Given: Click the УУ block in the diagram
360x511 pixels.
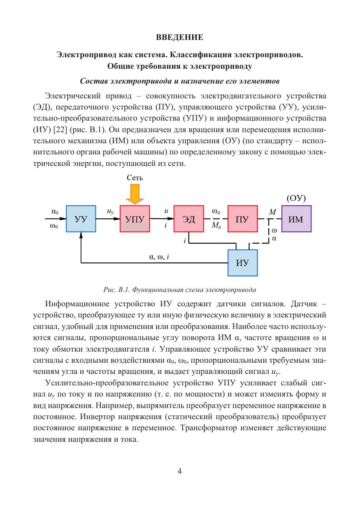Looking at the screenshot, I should point(81,219).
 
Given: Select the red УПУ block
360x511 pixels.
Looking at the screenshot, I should point(135,219).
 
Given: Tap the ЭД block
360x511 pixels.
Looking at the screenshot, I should point(188,219).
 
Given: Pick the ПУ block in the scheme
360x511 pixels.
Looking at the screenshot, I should point(242,219).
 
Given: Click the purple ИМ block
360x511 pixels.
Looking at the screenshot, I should point(296,219).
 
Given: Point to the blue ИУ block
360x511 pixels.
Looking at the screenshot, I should point(242,263).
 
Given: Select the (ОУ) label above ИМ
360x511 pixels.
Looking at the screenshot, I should point(296,198).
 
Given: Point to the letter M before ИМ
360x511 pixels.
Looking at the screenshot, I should point(272,212).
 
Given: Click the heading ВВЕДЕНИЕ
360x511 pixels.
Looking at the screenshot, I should point(180,38).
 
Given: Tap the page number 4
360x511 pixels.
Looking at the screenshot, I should point(180,471).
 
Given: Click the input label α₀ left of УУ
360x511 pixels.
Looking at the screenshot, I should point(55,211).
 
